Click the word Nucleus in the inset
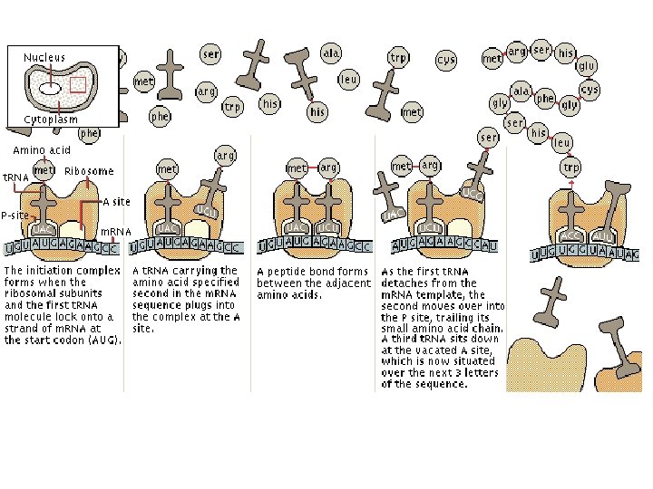click(x=44, y=57)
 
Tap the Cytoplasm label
click(x=51, y=120)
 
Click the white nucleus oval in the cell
click(x=51, y=89)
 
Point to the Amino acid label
click(x=41, y=149)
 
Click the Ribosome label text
click(x=89, y=171)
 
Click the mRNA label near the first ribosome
click(x=115, y=232)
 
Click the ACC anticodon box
click(x=570, y=235)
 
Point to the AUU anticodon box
click(x=601, y=235)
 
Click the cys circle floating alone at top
click(x=446, y=60)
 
